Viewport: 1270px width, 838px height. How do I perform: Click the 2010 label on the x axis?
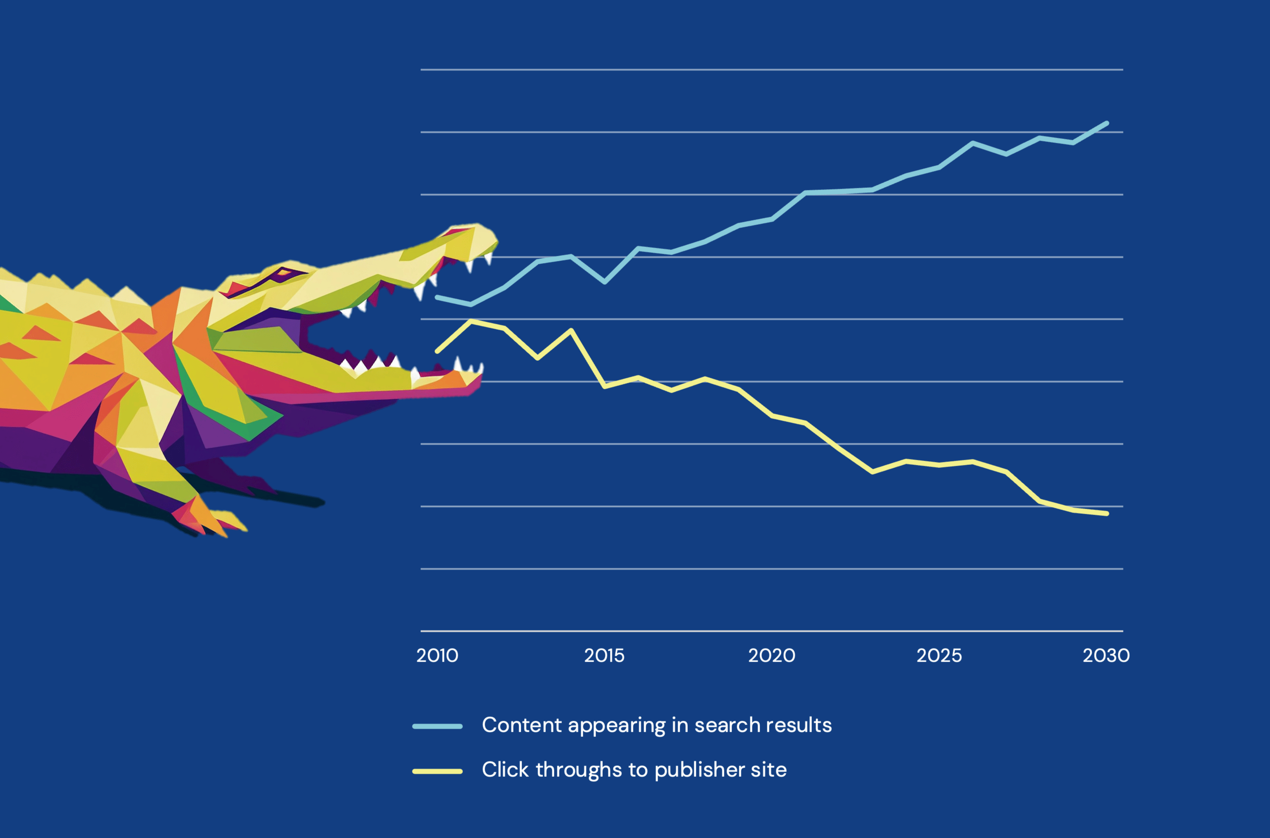click(437, 655)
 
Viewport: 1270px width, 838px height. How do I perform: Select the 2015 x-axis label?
click(604, 655)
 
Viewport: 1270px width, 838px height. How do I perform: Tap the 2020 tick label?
click(772, 655)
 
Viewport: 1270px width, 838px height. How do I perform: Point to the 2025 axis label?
click(939, 655)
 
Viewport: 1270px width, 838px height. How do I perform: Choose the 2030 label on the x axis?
click(1106, 655)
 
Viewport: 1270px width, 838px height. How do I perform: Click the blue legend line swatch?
click(437, 726)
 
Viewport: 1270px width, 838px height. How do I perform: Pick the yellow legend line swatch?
click(437, 771)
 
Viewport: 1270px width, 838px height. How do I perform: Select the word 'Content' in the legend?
click(522, 725)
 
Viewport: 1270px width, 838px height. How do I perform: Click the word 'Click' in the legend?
click(505, 770)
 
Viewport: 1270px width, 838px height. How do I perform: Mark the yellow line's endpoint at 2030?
click(1107, 514)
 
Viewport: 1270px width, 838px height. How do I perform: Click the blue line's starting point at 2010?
click(437, 297)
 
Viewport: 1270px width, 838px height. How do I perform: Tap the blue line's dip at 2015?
click(604, 282)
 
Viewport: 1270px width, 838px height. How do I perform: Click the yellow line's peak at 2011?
click(471, 321)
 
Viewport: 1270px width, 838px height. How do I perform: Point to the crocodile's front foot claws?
click(214, 521)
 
